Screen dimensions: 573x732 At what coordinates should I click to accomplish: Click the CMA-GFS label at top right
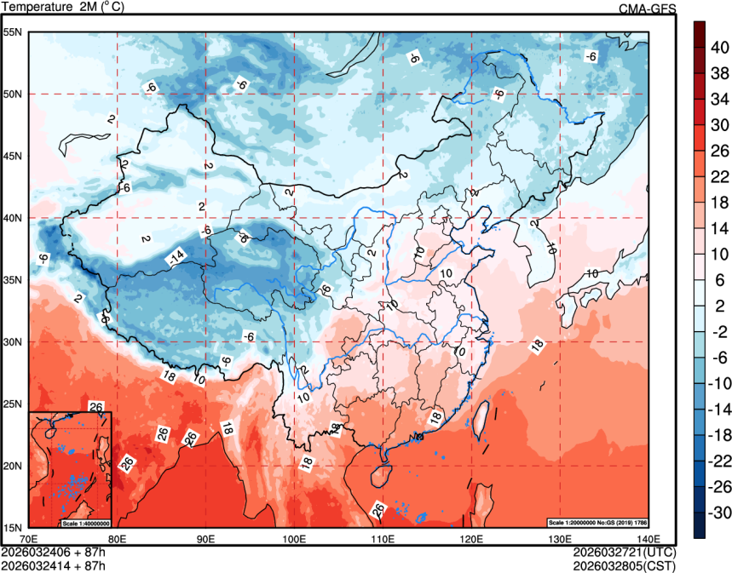647,9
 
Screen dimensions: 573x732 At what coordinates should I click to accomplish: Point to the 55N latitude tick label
13,32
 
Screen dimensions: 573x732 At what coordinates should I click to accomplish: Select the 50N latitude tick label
13,94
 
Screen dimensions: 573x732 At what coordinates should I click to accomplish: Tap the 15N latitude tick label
13,527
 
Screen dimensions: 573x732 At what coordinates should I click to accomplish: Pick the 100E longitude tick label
295,538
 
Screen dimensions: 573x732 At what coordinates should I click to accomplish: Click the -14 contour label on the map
176,255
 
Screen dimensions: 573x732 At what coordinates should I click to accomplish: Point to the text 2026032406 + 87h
54,553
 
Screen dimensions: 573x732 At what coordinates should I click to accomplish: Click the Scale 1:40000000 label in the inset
86,523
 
